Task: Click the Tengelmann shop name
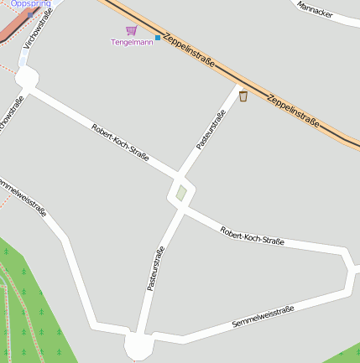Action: pyautogui.click(x=133, y=42)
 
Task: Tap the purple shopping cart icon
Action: pyautogui.click(x=131, y=31)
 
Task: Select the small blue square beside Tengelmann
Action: pyautogui.click(x=157, y=38)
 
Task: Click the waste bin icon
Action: pyautogui.click(x=243, y=96)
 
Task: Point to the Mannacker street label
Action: pyautogui.click(x=315, y=10)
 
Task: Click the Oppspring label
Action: pyautogui.click(x=30, y=4)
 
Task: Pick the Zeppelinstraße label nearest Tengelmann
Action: pyautogui.click(x=190, y=50)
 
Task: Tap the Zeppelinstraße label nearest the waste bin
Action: pyautogui.click(x=293, y=110)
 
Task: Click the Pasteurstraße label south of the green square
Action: pyautogui.click(x=155, y=268)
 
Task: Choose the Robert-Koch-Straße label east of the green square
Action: pyautogui.click(x=252, y=236)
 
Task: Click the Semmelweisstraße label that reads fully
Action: pyautogui.click(x=263, y=319)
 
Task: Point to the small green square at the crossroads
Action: pyautogui.click(x=181, y=193)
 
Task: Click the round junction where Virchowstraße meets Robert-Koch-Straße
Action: pyautogui.click(x=25, y=80)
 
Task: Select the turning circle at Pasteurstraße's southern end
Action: pyautogui.click(x=139, y=345)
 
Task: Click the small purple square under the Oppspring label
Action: pyautogui.click(x=31, y=14)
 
